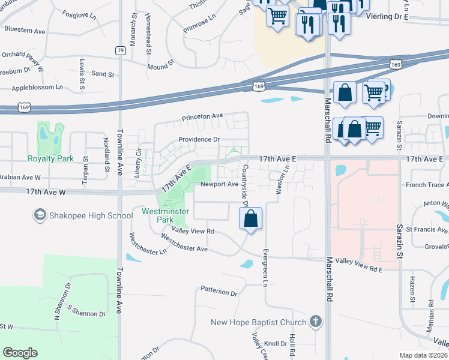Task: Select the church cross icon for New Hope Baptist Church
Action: click(316, 322)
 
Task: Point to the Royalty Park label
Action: click(50, 159)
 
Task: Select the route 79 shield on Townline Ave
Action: click(121, 50)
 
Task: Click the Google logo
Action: click(20, 353)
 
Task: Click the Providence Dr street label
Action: click(199, 140)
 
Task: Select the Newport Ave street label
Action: click(219, 184)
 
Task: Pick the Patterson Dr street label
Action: click(219, 292)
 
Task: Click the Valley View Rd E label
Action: click(359, 270)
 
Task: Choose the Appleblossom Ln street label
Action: click(37, 88)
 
